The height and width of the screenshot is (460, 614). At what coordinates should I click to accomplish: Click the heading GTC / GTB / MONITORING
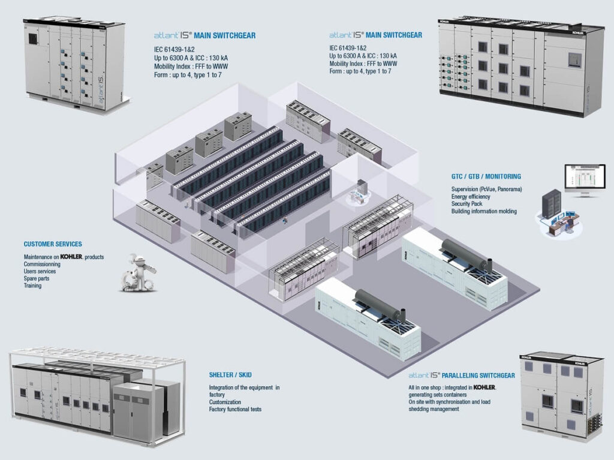coord(486,177)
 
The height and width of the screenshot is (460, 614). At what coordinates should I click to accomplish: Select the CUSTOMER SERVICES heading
coord(53,245)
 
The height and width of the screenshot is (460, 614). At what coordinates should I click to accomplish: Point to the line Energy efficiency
coord(471,197)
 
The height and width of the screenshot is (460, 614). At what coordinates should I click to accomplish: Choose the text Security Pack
coord(468,204)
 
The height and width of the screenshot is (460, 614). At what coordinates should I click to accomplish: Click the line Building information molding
coord(484,211)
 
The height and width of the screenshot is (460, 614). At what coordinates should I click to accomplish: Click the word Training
coord(33,286)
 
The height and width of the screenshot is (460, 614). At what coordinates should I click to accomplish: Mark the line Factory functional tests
coord(235,410)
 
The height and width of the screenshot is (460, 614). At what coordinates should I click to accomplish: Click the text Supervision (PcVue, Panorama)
coord(486,190)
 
